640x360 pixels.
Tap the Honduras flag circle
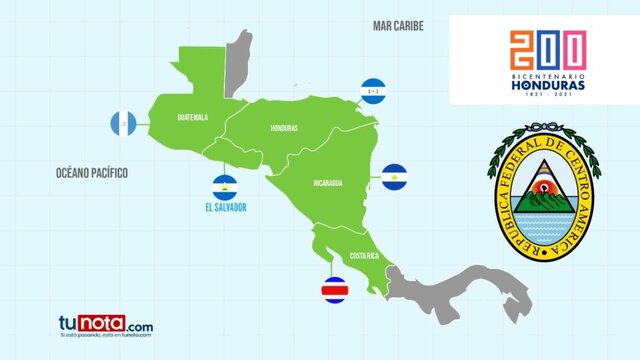pyautogui.click(x=373, y=90)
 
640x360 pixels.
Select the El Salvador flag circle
pyautogui.click(x=225, y=186)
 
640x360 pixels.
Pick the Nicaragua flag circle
pyautogui.click(x=395, y=178)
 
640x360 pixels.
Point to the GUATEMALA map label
pyautogui.click(x=192, y=117)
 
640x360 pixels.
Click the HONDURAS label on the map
pyautogui.click(x=284, y=128)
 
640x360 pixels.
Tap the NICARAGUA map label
pyautogui.click(x=327, y=183)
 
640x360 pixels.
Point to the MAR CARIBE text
pyautogui.click(x=393, y=24)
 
